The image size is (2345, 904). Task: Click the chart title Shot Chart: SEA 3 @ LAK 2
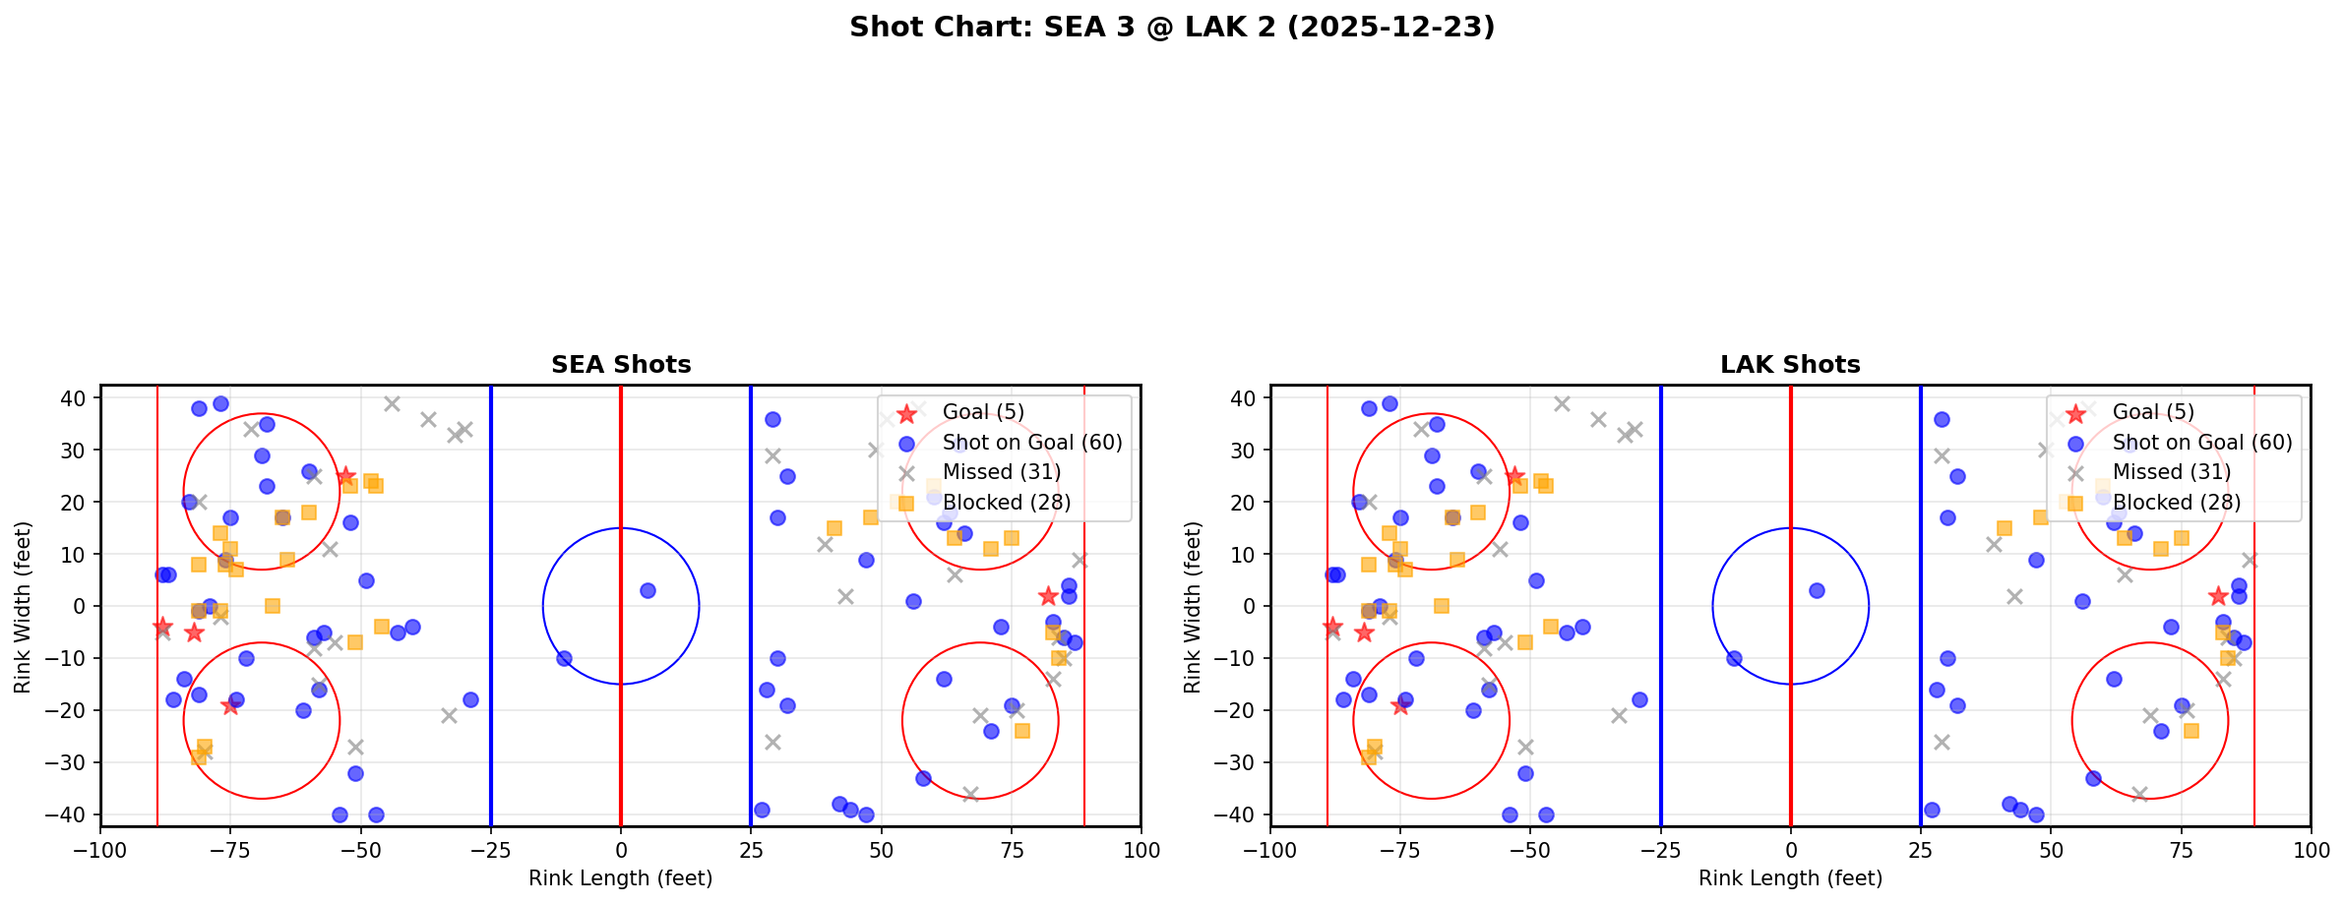[1171, 28]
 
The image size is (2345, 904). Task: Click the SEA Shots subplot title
[620, 365]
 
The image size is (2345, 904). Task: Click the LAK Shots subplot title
[1789, 365]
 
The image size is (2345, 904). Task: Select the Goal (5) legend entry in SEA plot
[982, 412]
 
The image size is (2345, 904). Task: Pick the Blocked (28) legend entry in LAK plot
[2176, 503]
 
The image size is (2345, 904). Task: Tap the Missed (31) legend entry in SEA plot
[1001, 472]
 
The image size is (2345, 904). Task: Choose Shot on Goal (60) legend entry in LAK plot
[2201, 443]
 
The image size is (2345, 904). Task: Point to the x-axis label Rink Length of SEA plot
[620, 878]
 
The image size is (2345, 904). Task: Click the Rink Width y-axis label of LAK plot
[1193, 607]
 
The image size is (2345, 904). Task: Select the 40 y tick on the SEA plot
[75, 398]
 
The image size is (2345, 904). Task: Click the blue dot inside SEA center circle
[648, 590]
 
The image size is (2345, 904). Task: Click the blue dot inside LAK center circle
[1817, 590]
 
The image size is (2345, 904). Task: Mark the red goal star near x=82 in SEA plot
[1047, 596]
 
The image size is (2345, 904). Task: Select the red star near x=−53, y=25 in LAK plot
[1514, 476]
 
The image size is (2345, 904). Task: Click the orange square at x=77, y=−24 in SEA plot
[1021, 731]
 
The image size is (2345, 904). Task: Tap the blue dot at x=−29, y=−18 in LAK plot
[1639, 699]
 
